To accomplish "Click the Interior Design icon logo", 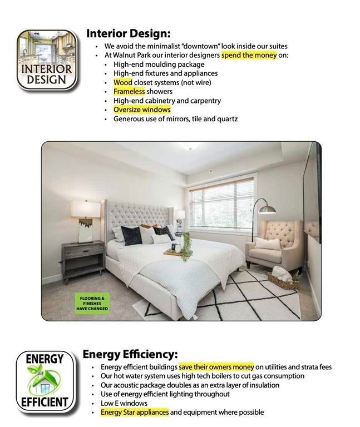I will (x=47, y=60).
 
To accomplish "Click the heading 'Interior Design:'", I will (x=128, y=33).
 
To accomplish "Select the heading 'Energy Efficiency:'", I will (x=130, y=354).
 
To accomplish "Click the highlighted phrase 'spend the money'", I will (x=249, y=56).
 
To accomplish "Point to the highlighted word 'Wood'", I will (x=123, y=82).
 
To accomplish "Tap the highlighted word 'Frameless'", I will (x=129, y=91).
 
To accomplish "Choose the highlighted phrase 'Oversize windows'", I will (x=142, y=110).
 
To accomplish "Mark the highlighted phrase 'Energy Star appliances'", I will (x=135, y=412).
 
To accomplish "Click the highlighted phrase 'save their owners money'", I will (x=216, y=367).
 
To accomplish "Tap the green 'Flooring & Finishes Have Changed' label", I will (x=92, y=303).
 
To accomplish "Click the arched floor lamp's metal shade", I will (x=268, y=210).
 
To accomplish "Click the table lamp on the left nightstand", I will (x=86, y=220).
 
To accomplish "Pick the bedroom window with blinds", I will (x=221, y=205).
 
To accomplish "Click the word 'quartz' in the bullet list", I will (x=227, y=118).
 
